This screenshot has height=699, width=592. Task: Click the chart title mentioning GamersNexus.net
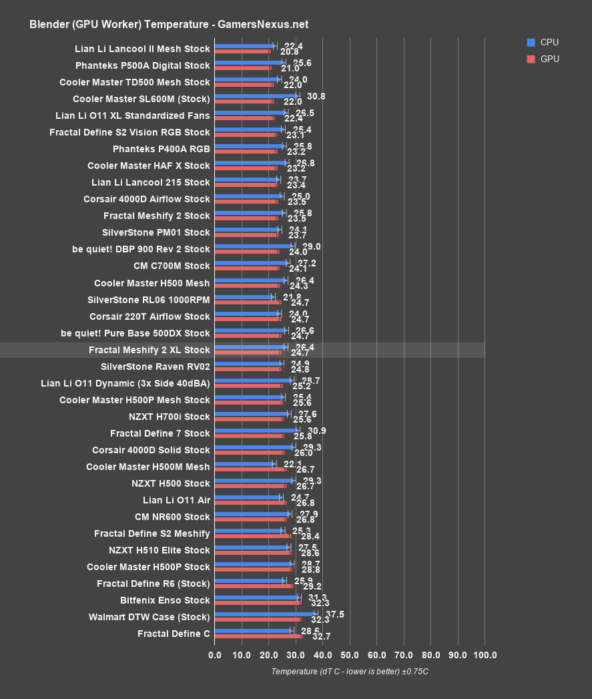pos(168,25)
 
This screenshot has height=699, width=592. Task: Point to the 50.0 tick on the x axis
pos(350,655)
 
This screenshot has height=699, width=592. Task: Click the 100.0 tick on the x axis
pos(485,655)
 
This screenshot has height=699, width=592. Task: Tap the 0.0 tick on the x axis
pos(215,655)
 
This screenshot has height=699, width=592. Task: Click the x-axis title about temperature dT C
pos(349,671)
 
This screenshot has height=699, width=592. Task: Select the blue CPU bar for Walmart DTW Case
pos(265,614)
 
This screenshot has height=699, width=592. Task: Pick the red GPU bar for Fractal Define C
pos(258,636)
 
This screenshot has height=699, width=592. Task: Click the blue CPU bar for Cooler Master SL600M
pos(256,96)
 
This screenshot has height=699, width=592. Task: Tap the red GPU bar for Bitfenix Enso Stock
pos(258,602)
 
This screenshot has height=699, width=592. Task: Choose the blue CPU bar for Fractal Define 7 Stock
pos(256,431)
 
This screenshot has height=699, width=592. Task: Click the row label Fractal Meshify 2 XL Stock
pos(149,350)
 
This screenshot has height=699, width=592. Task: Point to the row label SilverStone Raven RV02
pos(155,367)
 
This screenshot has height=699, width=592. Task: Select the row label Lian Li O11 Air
pos(176,500)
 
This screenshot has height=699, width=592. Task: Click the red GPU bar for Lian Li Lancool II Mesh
pos(242,51)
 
